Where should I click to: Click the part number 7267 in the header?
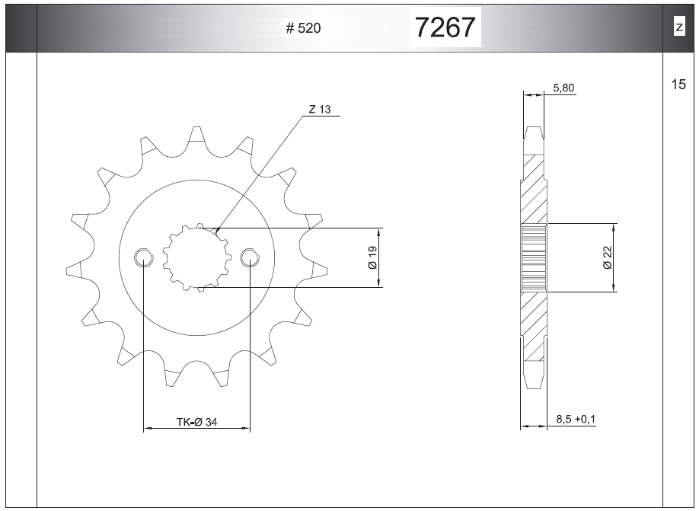click(x=445, y=28)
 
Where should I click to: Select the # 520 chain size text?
click(x=303, y=29)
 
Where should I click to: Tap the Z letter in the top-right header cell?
click(x=678, y=28)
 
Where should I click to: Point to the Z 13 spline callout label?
click(x=320, y=110)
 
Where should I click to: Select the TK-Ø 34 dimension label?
click(x=196, y=422)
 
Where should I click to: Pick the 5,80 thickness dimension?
click(x=563, y=88)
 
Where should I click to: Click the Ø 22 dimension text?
click(x=607, y=257)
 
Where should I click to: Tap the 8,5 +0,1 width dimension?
click(x=576, y=420)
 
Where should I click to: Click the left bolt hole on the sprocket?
click(x=143, y=257)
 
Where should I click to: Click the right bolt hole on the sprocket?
click(x=250, y=257)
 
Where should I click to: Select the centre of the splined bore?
click(x=196, y=257)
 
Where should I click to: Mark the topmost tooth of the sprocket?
click(x=196, y=136)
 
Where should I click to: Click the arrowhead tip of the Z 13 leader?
click(x=215, y=229)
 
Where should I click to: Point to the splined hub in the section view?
click(x=534, y=257)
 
